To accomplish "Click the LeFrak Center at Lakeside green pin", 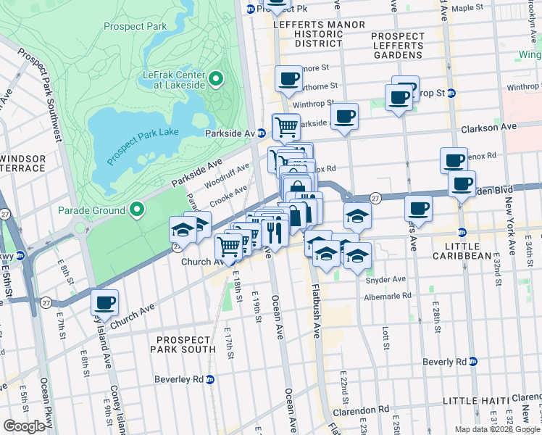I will click(216, 78).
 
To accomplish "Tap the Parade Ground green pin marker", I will click(137, 211).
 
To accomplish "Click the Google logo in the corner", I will click(24, 426).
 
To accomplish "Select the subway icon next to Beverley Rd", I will click(210, 379).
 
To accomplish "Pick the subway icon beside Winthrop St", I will click(451, 93).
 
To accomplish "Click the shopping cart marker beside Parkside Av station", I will click(286, 126).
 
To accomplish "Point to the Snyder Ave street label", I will click(385, 279).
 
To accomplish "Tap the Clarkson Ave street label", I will click(488, 128).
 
